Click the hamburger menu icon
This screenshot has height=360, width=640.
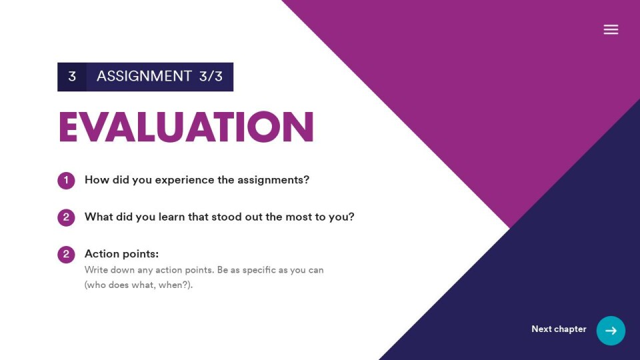[x=611, y=29]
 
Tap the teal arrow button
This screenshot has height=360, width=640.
[x=611, y=331]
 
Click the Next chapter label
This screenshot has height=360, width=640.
[x=559, y=329]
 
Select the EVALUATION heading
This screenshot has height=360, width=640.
[x=186, y=127]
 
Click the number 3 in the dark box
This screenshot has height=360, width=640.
[x=72, y=76]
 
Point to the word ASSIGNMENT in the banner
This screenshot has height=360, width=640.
[x=144, y=76]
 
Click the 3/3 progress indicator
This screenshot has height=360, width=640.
[x=211, y=76]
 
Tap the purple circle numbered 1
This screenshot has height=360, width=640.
[x=66, y=181]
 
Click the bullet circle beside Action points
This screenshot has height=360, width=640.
[x=66, y=254]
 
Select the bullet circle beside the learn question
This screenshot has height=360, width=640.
[x=66, y=217]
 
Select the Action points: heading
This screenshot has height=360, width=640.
[x=121, y=254]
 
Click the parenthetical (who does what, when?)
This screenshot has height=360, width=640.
[x=139, y=285]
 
